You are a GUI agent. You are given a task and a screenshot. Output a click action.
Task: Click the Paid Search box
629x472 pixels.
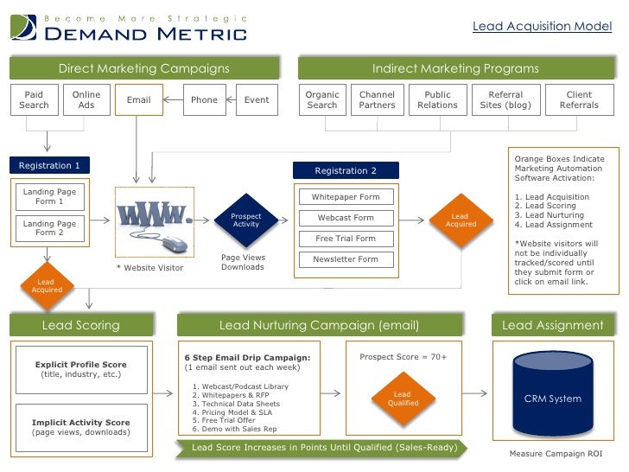[x=34, y=99]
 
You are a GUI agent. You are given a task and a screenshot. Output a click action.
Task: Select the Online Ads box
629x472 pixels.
[x=86, y=99]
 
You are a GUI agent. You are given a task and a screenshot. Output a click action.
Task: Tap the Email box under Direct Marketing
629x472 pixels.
[x=138, y=99]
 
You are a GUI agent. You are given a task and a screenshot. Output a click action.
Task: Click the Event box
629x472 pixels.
[x=257, y=99]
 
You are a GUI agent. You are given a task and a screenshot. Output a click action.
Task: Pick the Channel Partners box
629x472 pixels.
[x=377, y=99]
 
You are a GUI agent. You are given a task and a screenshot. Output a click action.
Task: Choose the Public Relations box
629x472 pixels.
[x=437, y=99]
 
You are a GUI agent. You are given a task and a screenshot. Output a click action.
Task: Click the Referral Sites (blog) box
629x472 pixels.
[x=506, y=99]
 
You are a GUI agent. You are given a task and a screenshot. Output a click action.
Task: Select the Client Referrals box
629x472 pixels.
[x=579, y=99]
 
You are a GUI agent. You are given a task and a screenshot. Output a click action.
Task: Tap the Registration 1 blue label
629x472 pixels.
[x=50, y=165]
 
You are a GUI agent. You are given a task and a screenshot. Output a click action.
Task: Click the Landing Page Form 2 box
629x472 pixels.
[x=49, y=228]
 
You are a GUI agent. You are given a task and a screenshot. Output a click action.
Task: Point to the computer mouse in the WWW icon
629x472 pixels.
[x=175, y=242]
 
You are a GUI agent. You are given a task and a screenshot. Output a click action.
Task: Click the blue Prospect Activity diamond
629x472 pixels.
[x=246, y=220]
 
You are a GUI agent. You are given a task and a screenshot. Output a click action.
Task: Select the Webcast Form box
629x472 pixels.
[x=346, y=218]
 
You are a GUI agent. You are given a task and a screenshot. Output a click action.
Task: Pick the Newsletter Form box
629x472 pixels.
[x=346, y=259]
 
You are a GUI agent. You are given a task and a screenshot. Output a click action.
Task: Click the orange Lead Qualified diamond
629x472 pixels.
[x=403, y=399]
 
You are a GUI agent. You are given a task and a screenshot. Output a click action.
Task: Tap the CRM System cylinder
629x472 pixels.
[x=553, y=398]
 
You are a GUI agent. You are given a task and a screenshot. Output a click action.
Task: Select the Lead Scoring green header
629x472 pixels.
[x=81, y=325]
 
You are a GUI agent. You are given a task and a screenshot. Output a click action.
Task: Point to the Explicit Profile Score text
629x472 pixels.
[x=81, y=364]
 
